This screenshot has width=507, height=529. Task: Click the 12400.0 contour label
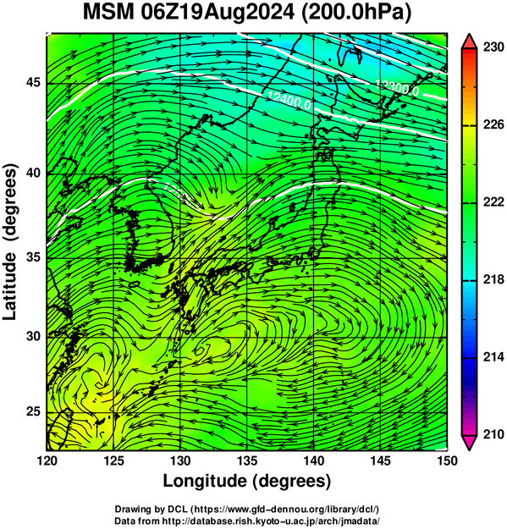289,101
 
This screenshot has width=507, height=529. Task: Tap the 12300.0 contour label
397,88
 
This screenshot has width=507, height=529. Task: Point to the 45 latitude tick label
33,82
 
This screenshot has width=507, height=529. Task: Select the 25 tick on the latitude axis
33,411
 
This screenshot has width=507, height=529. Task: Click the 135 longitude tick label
247,460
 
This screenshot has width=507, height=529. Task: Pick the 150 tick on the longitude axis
447,460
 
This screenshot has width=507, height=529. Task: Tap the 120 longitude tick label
47,460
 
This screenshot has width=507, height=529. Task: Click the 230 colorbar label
493,47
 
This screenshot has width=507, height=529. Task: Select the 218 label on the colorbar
493,279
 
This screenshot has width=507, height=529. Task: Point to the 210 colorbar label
493,434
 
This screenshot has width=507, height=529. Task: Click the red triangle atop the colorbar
469,41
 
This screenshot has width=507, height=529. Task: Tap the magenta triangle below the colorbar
469,443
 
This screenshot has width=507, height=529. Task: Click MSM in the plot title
108,13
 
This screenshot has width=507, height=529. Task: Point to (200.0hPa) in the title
356,14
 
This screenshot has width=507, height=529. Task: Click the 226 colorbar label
493,124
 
